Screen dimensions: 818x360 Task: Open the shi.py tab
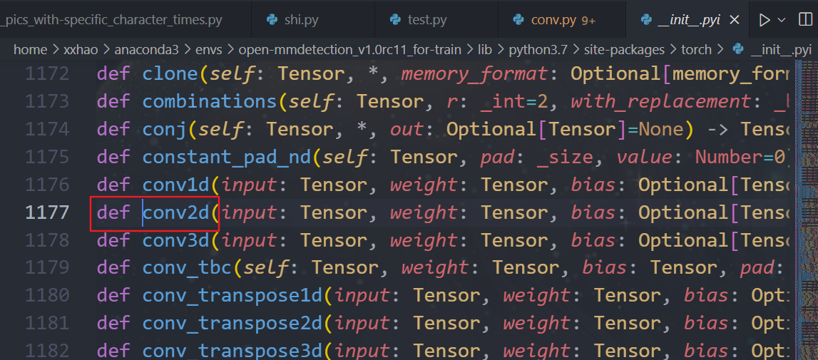coord(300,20)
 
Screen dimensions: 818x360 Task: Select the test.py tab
coord(426,20)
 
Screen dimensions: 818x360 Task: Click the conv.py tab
coord(553,20)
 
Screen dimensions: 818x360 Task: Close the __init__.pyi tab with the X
coord(735,20)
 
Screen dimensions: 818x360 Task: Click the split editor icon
coord(805,20)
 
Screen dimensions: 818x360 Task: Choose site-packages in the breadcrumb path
coord(624,50)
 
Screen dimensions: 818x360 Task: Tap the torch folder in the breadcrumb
coord(696,50)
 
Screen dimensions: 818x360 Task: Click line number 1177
coord(47,212)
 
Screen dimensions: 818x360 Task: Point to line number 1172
coord(47,73)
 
